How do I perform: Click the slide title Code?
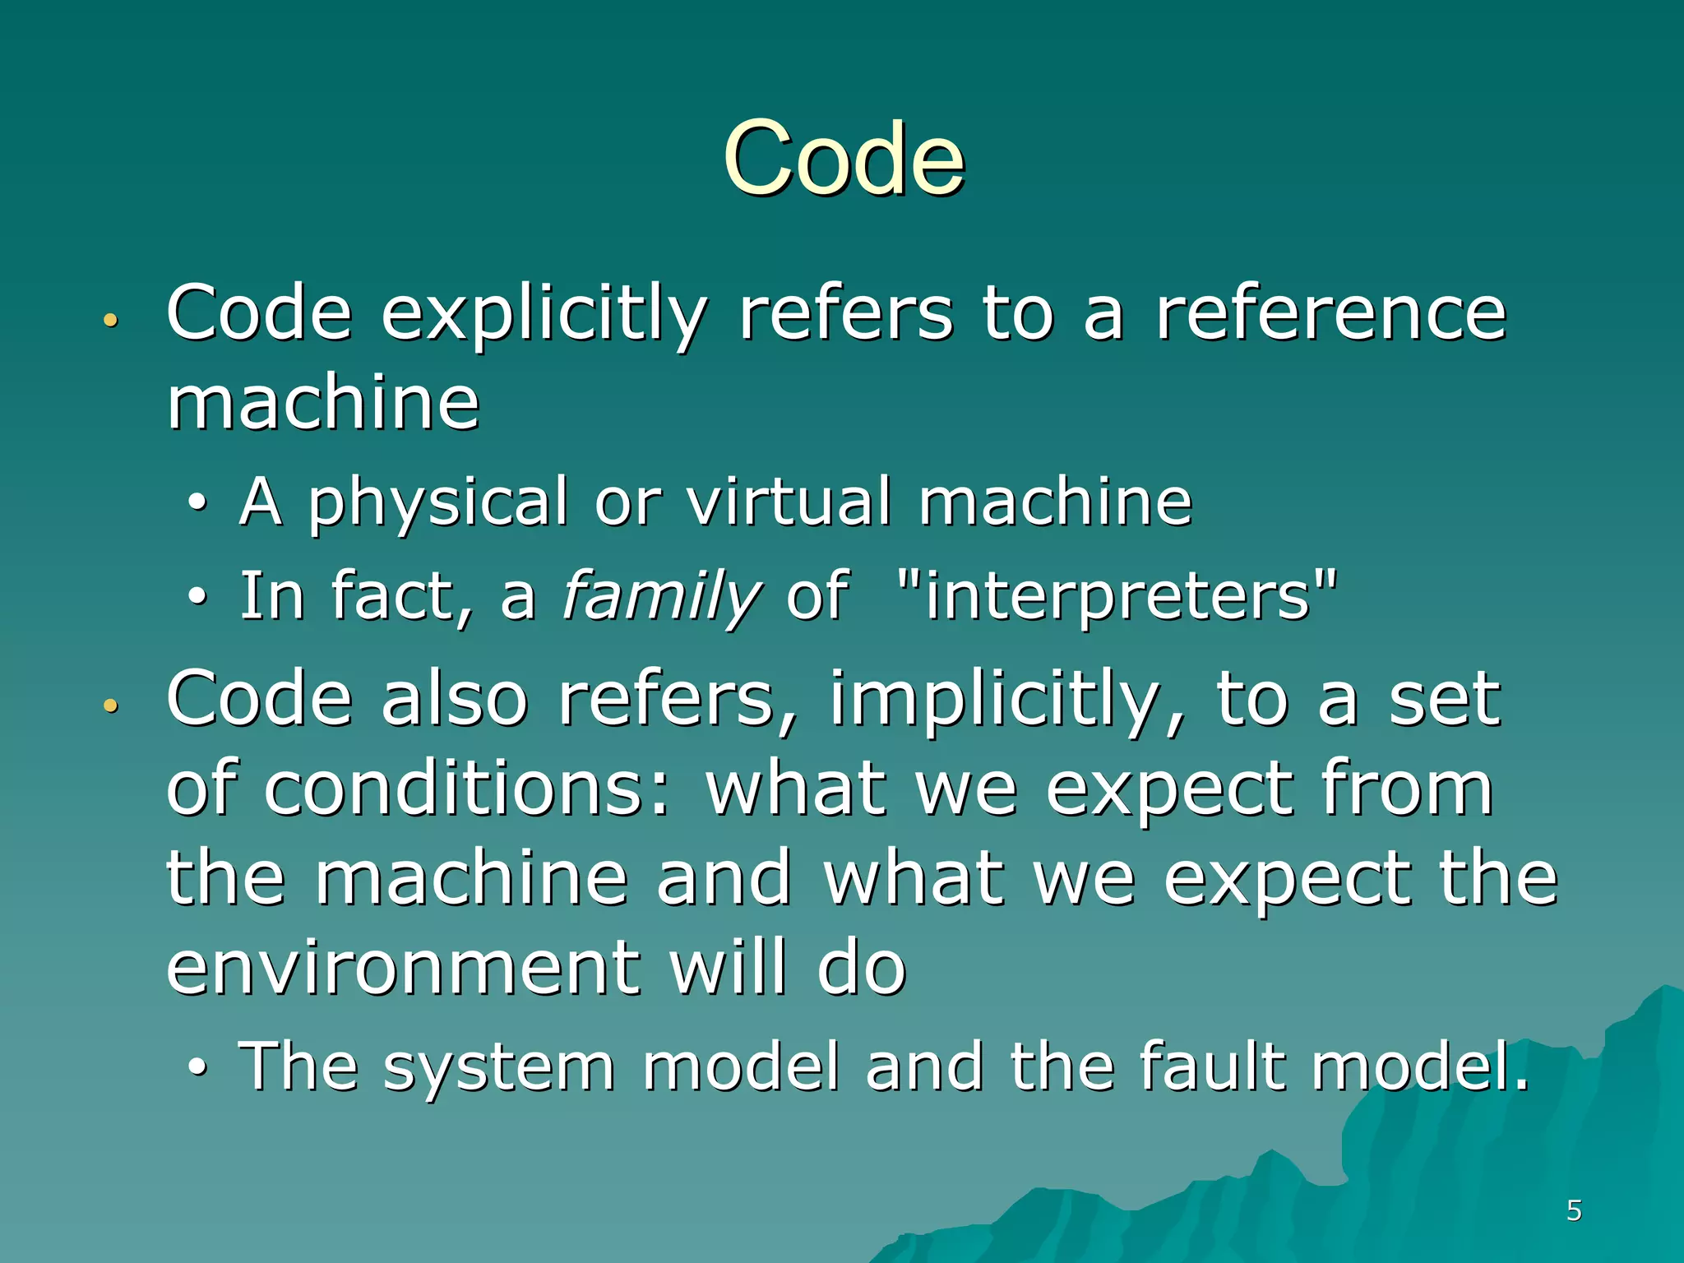pyautogui.click(x=844, y=158)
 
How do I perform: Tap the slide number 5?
pyautogui.click(x=1574, y=1210)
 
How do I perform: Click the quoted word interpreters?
pyautogui.click(x=1117, y=595)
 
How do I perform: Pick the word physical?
pyautogui.click(x=437, y=503)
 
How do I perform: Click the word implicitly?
pyautogui.click(x=1006, y=701)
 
